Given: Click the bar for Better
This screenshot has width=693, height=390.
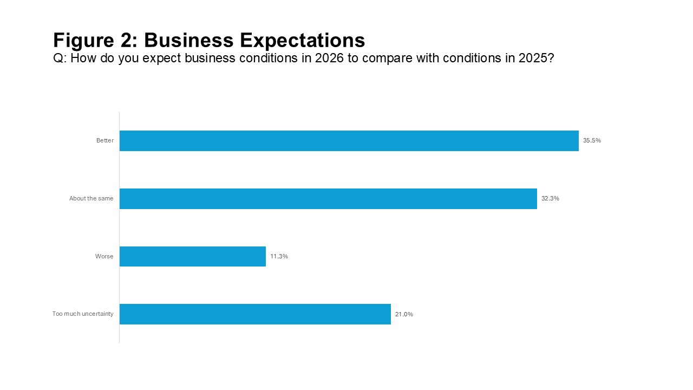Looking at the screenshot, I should (349, 141).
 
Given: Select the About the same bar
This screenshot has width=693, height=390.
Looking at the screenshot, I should (328, 199).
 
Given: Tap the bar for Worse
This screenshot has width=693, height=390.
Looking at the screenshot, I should (192, 257).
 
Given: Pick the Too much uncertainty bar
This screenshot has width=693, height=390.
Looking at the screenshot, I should (255, 314).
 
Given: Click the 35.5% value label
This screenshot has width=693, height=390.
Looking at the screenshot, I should (592, 141).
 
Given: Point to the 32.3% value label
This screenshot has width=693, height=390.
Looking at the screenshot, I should (550, 199).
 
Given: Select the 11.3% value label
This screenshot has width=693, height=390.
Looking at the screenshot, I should (279, 257).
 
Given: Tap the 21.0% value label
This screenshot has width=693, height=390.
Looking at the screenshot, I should (404, 314).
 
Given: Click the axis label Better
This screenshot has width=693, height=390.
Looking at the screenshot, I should (105, 141).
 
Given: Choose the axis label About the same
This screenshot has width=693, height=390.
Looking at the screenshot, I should (91, 199).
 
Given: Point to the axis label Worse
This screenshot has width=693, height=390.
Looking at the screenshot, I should (104, 257).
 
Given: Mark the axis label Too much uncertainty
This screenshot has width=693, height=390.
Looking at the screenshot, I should (83, 314).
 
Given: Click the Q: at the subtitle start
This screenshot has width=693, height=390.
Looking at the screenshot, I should (60, 58).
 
